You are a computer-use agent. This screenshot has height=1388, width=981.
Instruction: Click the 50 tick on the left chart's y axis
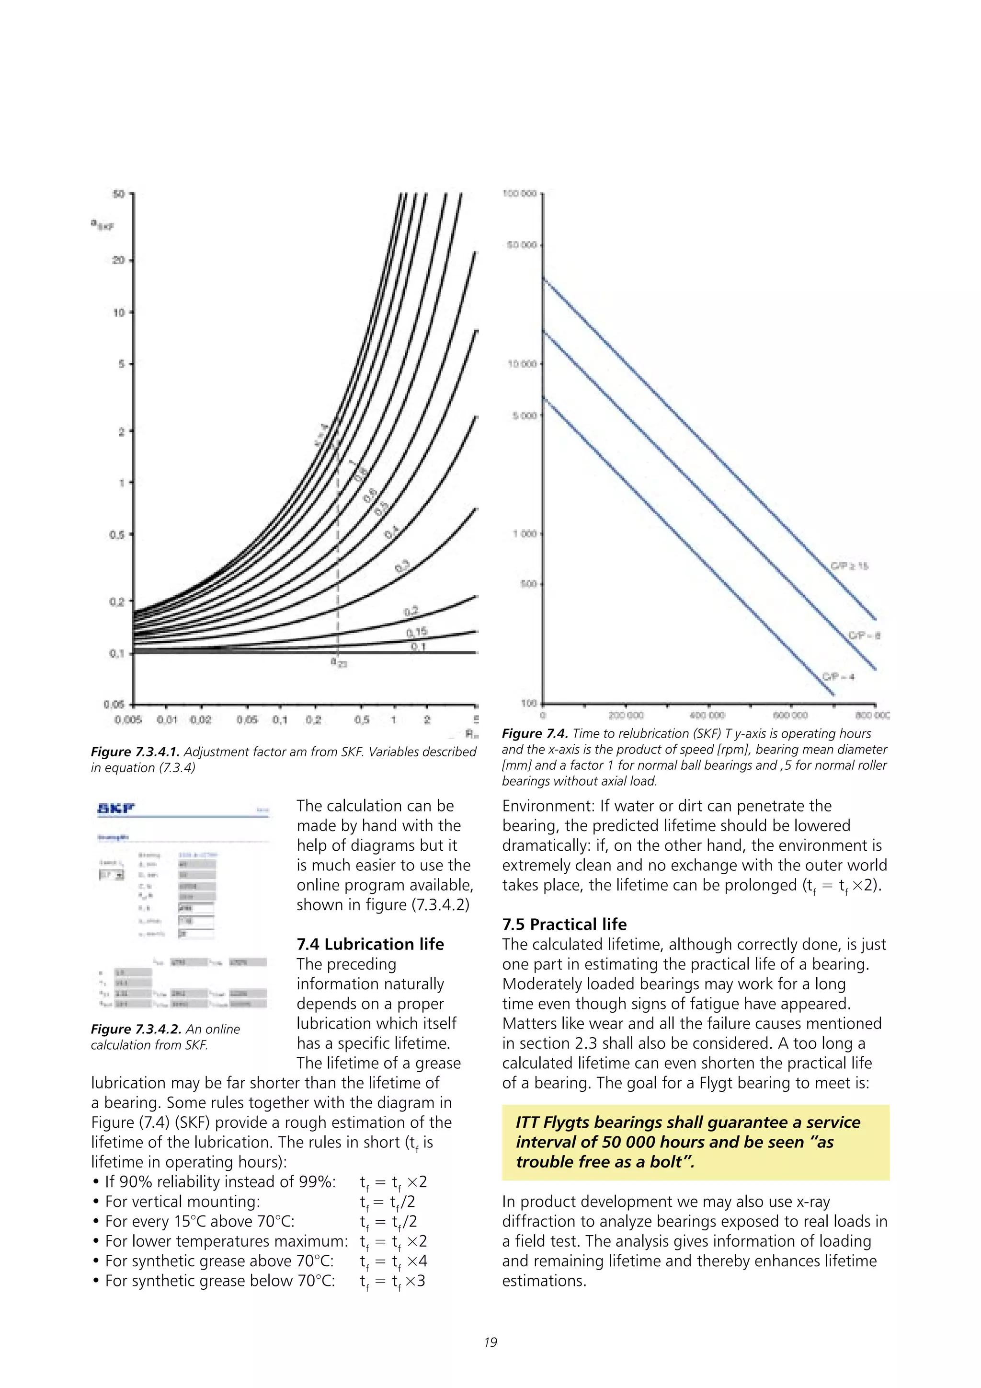click(119, 194)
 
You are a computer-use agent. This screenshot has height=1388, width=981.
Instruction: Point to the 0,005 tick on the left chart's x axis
click(128, 719)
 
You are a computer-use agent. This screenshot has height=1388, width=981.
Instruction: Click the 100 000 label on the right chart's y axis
click(520, 194)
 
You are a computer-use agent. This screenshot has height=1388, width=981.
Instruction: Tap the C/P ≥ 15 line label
click(849, 566)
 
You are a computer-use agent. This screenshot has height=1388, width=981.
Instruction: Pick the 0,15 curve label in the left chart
click(417, 632)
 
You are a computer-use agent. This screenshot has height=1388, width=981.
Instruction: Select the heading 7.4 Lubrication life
click(370, 944)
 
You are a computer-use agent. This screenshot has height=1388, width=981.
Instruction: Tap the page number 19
click(490, 1342)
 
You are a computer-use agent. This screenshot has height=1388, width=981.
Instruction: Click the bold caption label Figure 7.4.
click(535, 733)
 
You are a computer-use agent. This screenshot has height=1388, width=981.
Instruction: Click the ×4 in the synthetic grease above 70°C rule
click(417, 1261)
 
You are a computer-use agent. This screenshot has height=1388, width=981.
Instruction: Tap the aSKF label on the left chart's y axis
click(102, 224)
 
